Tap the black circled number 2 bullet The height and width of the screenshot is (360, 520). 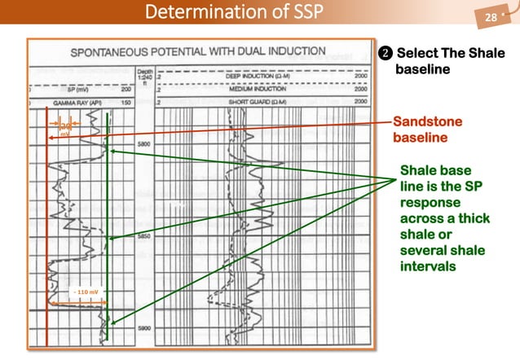pos(386,54)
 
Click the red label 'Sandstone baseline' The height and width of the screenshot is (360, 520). pos(427,130)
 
